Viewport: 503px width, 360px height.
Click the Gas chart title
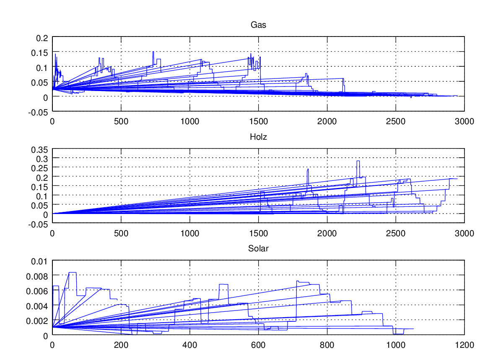(x=258, y=25)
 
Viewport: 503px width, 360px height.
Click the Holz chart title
(x=258, y=136)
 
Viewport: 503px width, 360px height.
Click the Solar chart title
(x=258, y=248)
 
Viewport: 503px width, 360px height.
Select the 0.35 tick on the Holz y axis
(x=40, y=149)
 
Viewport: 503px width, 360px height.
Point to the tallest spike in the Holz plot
(x=358, y=162)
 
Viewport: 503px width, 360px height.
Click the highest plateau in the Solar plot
(x=73, y=273)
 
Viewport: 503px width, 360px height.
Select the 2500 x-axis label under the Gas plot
(x=396, y=122)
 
